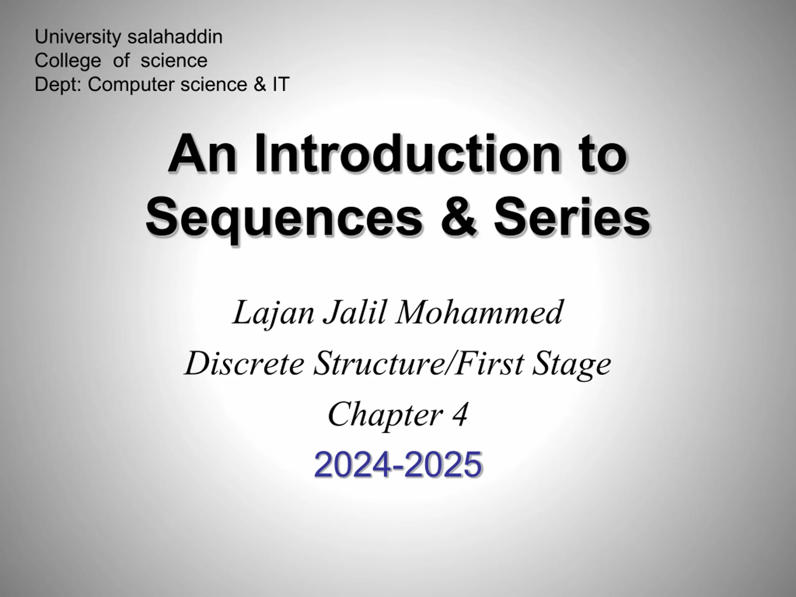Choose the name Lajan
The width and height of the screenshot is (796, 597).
(274, 313)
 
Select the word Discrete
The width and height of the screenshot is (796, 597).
(245, 363)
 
